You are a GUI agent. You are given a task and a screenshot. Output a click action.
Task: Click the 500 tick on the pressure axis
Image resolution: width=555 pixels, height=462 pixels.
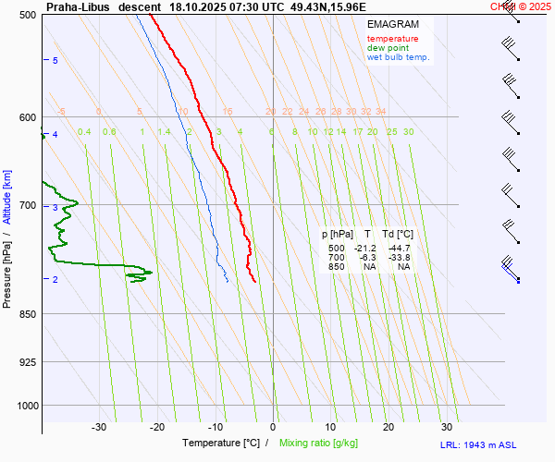click(27, 16)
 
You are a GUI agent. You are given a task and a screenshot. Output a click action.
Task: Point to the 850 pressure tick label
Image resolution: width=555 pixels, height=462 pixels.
click(27, 314)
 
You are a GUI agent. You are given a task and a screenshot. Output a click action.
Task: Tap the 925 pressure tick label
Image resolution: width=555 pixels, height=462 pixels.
click(27, 361)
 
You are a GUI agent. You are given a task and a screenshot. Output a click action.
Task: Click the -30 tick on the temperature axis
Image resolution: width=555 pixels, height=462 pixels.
click(99, 427)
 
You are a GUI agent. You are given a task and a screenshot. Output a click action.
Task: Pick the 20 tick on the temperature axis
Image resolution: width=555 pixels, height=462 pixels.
click(388, 427)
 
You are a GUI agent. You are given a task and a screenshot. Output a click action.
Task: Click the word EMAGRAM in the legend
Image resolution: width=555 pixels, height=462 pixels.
click(392, 24)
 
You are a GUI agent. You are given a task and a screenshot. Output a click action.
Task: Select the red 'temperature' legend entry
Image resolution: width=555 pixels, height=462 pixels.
click(392, 39)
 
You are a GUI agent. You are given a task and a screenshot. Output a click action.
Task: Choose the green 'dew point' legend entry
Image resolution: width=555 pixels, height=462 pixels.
click(388, 48)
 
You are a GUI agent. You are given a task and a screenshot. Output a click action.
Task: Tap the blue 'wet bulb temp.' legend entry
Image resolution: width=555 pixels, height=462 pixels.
click(398, 57)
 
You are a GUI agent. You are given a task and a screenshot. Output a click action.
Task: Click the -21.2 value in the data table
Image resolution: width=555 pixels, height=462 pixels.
click(367, 249)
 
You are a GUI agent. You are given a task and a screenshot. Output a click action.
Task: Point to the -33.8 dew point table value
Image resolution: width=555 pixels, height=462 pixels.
click(400, 258)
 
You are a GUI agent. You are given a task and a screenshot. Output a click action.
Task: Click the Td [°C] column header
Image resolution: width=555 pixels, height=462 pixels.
click(399, 234)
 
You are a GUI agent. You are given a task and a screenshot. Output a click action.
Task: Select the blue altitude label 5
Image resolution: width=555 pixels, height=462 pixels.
click(55, 60)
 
